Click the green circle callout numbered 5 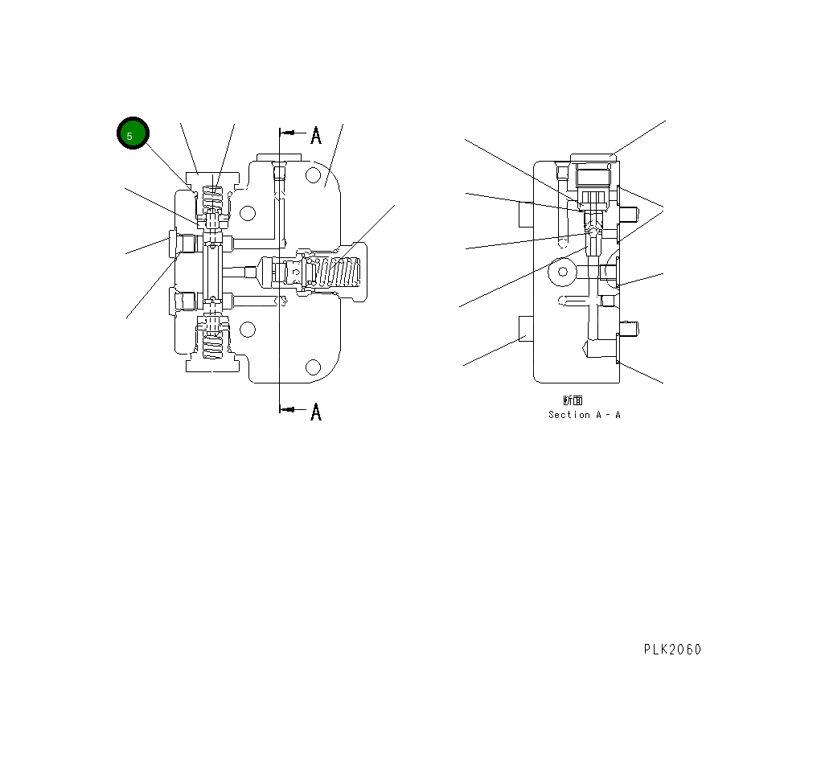[133, 133]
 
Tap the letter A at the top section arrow [316, 135]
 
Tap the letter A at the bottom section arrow [316, 412]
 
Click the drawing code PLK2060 [672, 649]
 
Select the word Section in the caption [569, 415]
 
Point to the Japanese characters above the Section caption [573, 400]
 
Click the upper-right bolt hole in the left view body [314, 175]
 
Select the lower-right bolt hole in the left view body [314, 367]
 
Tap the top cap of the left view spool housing [212, 178]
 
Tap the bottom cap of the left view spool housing [212, 366]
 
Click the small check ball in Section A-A [593, 231]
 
